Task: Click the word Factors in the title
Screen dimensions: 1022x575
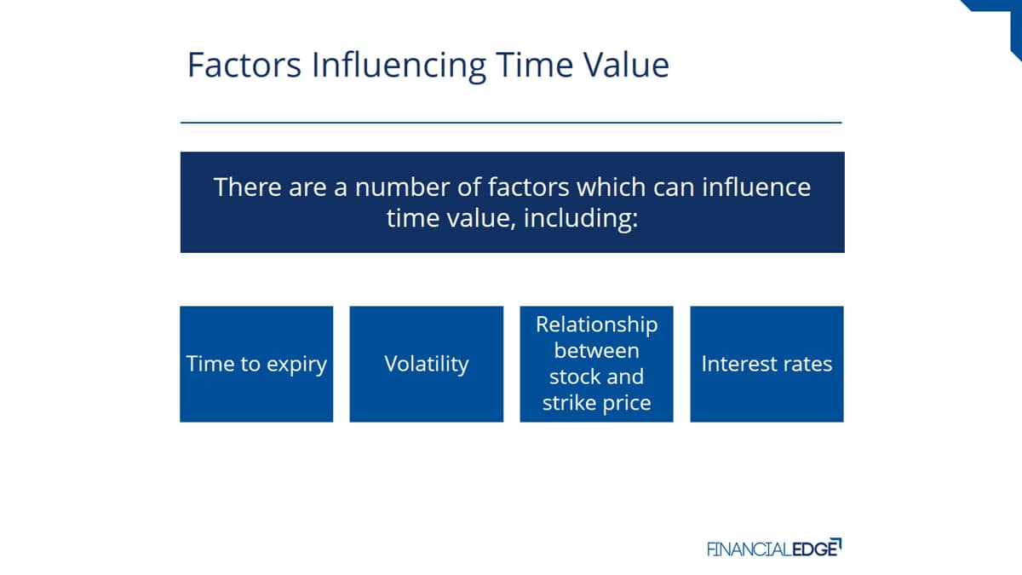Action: (244, 66)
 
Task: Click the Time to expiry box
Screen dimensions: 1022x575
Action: (256, 365)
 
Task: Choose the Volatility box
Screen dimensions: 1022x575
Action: (427, 365)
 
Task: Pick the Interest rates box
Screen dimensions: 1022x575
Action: (767, 365)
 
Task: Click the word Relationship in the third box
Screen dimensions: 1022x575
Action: (597, 325)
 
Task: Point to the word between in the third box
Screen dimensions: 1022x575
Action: (597, 351)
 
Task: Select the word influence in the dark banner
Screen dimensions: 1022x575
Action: (756, 187)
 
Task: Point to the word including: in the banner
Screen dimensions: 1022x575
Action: (580, 219)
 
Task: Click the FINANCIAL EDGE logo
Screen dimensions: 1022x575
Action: (774, 548)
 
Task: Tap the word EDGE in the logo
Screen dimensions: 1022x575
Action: (817, 548)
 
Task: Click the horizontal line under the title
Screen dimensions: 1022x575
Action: (511, 123)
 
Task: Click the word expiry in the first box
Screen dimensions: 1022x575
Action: (296, 365)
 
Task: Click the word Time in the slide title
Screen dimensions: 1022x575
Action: (534, 65)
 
